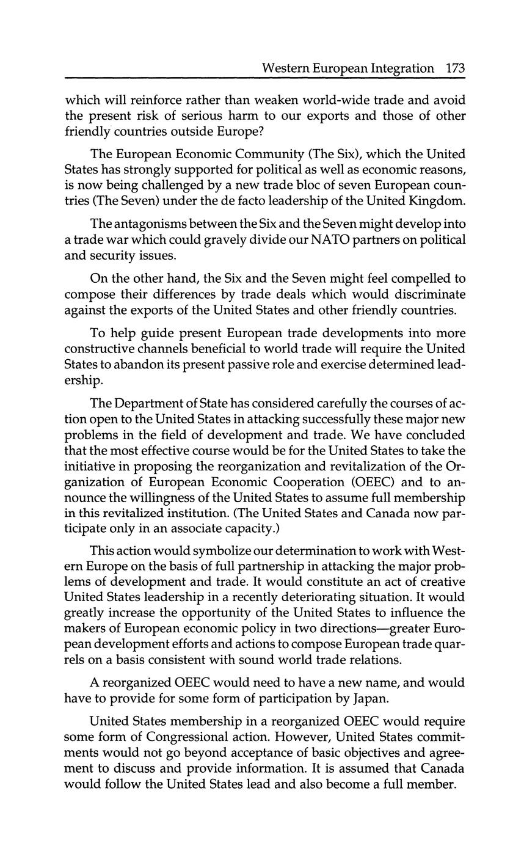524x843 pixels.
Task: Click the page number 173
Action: pyautogui.click(x=456, y=68)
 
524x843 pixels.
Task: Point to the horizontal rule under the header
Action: pyautogui.click(x=264, y=78)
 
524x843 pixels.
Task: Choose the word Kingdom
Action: pyautogui.click(x=433, y=201)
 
